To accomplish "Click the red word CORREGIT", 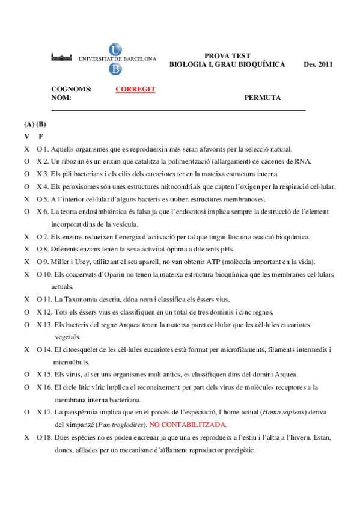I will tap(135, 89).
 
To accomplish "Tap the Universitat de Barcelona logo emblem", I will tap(115, 59).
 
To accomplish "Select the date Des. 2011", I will tap(318, 64).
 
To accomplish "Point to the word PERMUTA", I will tap(263, 97).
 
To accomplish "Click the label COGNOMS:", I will tap(72, 89).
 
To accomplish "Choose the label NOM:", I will tap(62, 97).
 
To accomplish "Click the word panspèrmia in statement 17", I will tap(84, 412).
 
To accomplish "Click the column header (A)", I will tap(28, 124).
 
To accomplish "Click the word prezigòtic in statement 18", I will tap(238, 450).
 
